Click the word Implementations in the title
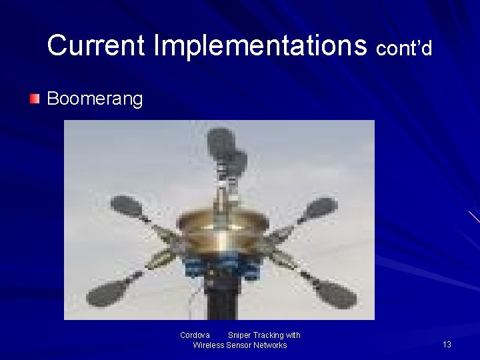(260, 45)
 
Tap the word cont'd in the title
(404, 48)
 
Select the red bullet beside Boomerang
(35, 99)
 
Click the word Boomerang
(95, 99)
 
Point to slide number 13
(447, 345)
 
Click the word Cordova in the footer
(195, 335)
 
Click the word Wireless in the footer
(208, 345)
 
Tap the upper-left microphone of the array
(127, 207)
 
